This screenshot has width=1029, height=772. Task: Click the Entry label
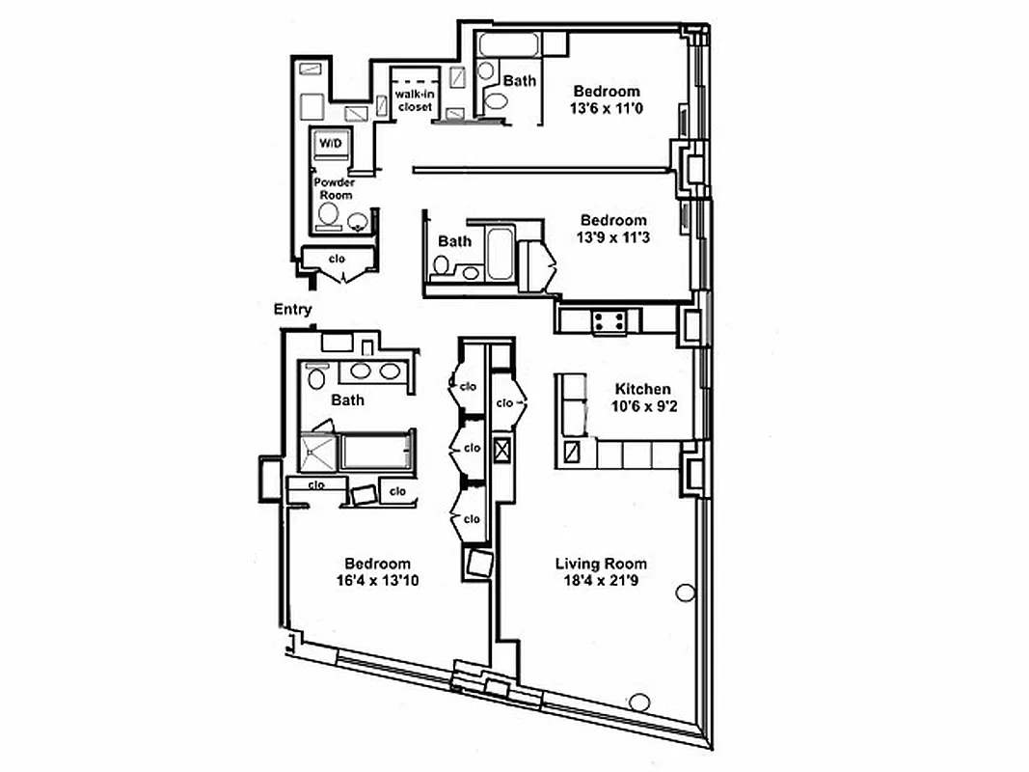[x=293, y=310]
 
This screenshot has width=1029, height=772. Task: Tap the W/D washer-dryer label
[x=330, y=144]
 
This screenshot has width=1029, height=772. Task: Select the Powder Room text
[x=333, y=188]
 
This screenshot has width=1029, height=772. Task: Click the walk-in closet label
[x=415, y=100]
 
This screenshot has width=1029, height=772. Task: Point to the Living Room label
[x=601, y=564]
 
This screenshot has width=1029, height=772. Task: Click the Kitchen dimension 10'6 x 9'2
[x=643, y=406]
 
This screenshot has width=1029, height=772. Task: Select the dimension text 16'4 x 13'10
[x=377, y=580]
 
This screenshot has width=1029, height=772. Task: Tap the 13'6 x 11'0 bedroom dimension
[x=607, y=108]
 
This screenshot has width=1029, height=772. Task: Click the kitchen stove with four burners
[x=609, y=320]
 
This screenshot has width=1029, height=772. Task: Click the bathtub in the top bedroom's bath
[x=506, y=45]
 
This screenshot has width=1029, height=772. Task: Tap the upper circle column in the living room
[x=686, y=592]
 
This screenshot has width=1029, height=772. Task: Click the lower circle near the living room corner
[x=639, y=703]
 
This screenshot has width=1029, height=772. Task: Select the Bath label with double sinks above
[x=347, y=400]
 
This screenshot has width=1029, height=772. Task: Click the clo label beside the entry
[x=337, y=259]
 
